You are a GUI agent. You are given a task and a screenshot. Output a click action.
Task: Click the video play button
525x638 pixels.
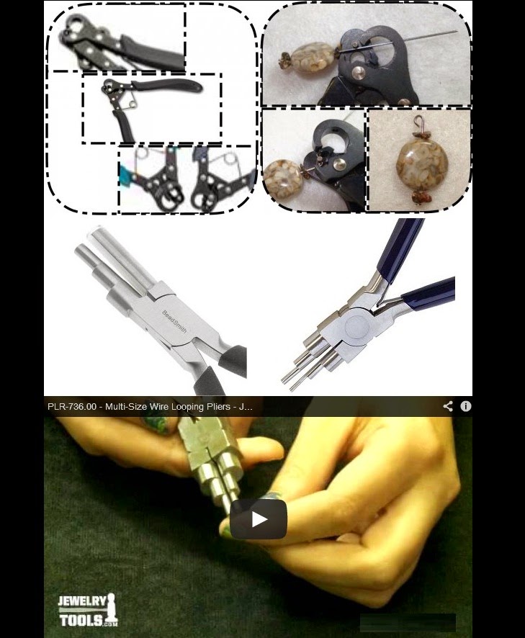[x=259, y=519]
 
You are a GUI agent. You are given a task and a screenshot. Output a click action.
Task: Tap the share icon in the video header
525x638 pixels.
[x=448, y=406]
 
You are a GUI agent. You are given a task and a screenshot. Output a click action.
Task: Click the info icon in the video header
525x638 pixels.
[x=465, y=406]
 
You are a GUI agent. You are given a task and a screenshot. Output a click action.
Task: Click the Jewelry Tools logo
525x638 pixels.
[x=88, y=611]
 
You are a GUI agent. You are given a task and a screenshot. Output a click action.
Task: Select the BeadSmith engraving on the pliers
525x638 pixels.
[x=174, y=321]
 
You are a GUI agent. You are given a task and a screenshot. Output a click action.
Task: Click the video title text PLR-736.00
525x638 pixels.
[x=72, y=406]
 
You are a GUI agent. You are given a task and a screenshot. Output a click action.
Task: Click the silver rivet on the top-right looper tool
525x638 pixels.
[x=358, y=73]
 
